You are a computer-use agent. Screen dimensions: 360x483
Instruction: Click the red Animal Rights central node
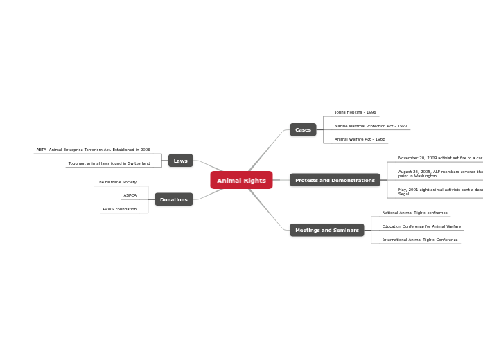(x=241, y=181)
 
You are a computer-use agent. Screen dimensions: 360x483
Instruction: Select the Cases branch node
(x=303, y=130)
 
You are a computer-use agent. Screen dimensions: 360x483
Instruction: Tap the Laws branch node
(x=180, y=161)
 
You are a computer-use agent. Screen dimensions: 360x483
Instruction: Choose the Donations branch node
(x=173, y=199)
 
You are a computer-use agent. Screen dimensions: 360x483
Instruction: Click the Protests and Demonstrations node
(x=335, y=180)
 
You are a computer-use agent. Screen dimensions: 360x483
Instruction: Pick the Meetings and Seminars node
(x=326, y=230)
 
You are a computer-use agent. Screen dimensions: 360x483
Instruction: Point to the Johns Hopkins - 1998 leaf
(x=355, y=112)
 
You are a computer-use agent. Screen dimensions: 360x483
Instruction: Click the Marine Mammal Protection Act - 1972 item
(x=371, y=126)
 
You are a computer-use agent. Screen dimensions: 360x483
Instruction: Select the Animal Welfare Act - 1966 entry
(x=360, y=139)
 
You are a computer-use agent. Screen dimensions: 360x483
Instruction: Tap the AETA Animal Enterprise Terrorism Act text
(x=94, y=150)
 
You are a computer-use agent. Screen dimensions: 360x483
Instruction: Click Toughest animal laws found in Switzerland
(x=109, y=163)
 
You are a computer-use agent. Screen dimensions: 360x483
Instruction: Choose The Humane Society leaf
(x=116, y=182)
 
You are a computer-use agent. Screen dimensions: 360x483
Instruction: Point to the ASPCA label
(x=130, y=195)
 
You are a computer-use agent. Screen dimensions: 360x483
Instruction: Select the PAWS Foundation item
(x=120, y=209)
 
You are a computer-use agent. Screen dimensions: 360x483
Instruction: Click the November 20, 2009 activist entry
(x=440, y=158)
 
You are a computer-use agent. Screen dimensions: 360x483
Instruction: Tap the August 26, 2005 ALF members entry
(x=440, y=174)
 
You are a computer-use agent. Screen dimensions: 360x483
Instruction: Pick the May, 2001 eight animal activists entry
(x=440, y=191)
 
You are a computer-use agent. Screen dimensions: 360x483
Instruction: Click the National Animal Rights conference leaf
(x=414, y=213)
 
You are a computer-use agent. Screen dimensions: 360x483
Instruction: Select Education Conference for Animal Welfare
(x=421, y=226)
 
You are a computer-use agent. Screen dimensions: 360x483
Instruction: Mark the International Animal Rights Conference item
(x=420, y=240)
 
